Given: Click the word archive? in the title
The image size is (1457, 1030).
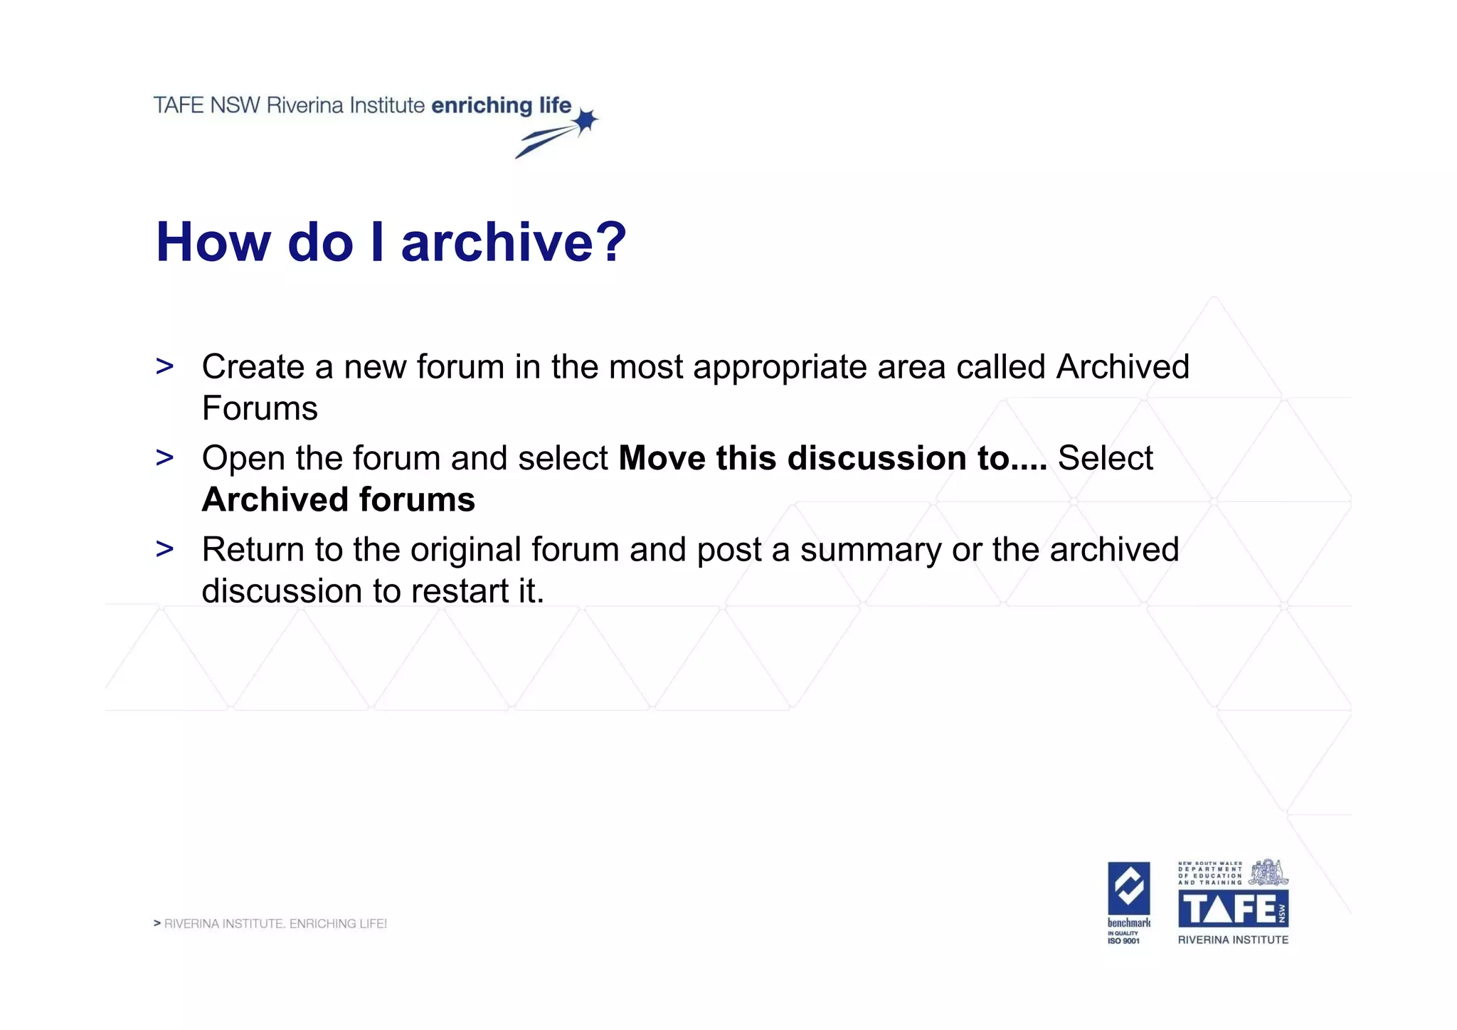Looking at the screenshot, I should (513, 242).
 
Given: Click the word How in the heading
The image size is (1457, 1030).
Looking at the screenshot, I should (213, 242).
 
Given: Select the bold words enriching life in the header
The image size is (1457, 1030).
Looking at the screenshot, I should (501, 105).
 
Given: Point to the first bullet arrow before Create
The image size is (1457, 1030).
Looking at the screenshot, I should (164, 367).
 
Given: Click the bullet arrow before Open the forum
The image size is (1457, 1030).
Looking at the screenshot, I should (164, 458).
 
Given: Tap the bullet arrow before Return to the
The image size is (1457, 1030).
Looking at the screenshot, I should (164, 549).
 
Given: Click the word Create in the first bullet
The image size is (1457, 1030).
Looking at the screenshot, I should (253, 367).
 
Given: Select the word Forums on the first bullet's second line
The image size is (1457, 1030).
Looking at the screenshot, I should (260, 409).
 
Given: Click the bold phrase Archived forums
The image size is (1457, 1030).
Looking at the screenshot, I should (338, 500).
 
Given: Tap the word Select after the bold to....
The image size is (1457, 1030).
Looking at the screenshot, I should (1105, 458).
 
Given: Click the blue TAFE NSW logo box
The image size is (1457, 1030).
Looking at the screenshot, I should (1233, 908).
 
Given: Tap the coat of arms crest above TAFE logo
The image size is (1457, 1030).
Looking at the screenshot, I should (1268, 872).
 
